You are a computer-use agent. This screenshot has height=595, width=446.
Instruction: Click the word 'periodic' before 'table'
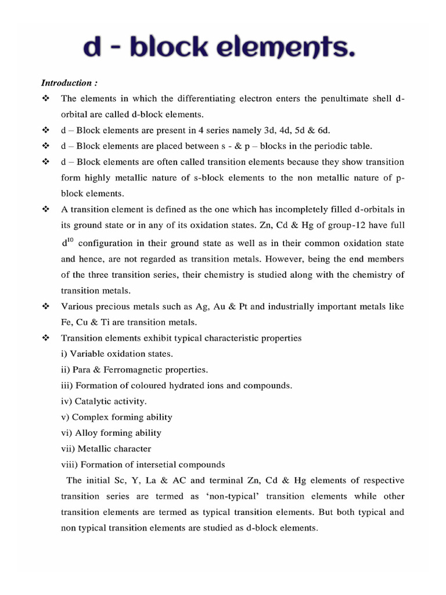[325, 146]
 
